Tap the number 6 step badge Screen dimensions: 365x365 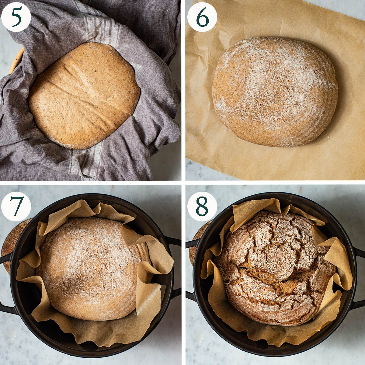point(202,17)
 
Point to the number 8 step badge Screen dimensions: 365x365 point(202,206)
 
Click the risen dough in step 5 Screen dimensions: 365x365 point(84,96)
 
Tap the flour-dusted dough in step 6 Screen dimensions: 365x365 point(275,92)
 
